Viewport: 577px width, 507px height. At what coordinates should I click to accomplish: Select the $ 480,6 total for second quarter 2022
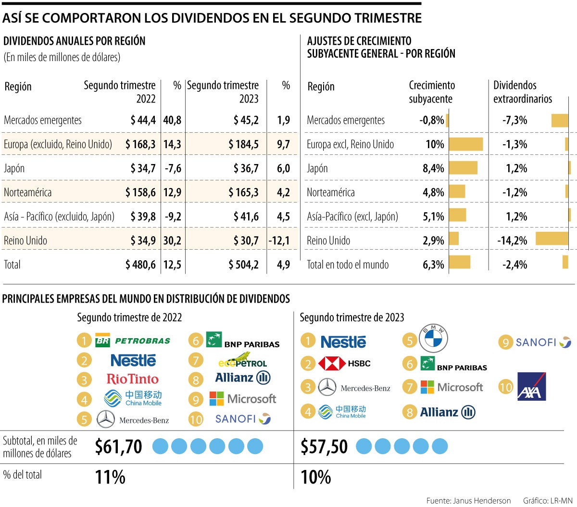pyautogui.click(x=140, y=265)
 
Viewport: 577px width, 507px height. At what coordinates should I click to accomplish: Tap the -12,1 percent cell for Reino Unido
pyautogui.click(x=279, y=241)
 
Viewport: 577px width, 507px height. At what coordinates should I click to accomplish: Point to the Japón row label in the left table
pyautogui.click(x=14, y=168)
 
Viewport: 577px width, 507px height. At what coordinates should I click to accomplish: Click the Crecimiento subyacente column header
pyautogui.click(x=431, y=92)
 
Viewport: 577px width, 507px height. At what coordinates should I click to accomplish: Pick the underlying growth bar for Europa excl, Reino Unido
pyautogui.click(x=465, y=144)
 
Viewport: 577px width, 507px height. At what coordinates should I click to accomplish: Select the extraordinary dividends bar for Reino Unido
pyautogui.click(x=552, y=239)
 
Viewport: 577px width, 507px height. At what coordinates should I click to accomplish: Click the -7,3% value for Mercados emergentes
pyautogui.click(x=514, y=120)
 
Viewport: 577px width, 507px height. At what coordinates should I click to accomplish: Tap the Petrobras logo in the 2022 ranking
pyautogui.click(x=133, y=341)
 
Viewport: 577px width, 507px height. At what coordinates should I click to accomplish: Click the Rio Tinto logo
pyautogui.click(x=133, y=379)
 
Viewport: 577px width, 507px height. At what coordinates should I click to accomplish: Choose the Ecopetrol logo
pyautogui.click(x=242, y=360)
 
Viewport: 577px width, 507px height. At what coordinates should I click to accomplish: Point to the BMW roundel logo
pyautogui.click(x=433, y=338)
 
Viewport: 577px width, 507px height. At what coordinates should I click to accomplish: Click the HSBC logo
pyautogui.click(x=344, y=364)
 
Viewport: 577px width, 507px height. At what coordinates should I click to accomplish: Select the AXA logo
pyautogui.click(x=531, y=387)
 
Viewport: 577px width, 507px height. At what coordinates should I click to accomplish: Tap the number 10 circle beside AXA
pyautogui.click(x=506, y=387)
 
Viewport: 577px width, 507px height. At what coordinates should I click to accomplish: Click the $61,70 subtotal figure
pyautogui.click(x=118, y=447)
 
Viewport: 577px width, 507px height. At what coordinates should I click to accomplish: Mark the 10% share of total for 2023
pyautogui.click(x=315, y=477)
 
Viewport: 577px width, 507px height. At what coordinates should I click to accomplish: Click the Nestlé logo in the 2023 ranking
pyautogui.click(x=343, y=342)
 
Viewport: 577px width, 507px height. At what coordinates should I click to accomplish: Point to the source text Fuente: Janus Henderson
pyautogui.click(x=468, y=501)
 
